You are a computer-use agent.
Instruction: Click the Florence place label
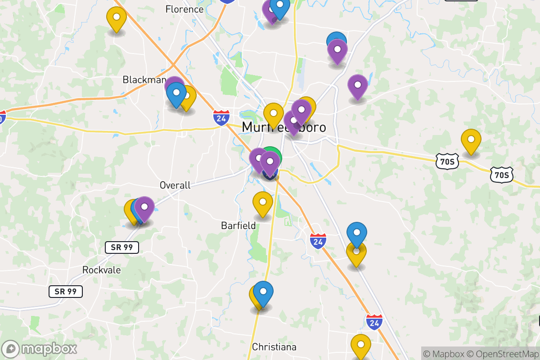[x=184, y=9]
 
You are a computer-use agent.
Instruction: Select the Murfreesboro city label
[x=283, y=127]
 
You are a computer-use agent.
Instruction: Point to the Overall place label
[x=175, y=185]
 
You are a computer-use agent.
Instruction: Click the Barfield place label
[x=238, y=225]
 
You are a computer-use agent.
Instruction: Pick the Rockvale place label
[x=102, y=270]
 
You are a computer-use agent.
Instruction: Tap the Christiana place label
[x=274, y=347]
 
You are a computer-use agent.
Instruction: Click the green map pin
[x=272, y=156]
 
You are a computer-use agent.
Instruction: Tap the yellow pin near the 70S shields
[x=471, y=140]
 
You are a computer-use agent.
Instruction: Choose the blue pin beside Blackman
[x=176, y=94]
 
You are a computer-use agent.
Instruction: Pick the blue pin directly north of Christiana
[x=263, y=292]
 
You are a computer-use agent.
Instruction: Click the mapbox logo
[x=40, y=348]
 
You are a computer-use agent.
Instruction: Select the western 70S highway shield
[x=447, y=161]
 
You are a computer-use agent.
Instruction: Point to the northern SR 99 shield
[x=121, y=247]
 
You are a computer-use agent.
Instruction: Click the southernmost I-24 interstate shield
[x=374, y=321]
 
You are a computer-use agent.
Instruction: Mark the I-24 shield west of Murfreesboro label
[x=221, y=117]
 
